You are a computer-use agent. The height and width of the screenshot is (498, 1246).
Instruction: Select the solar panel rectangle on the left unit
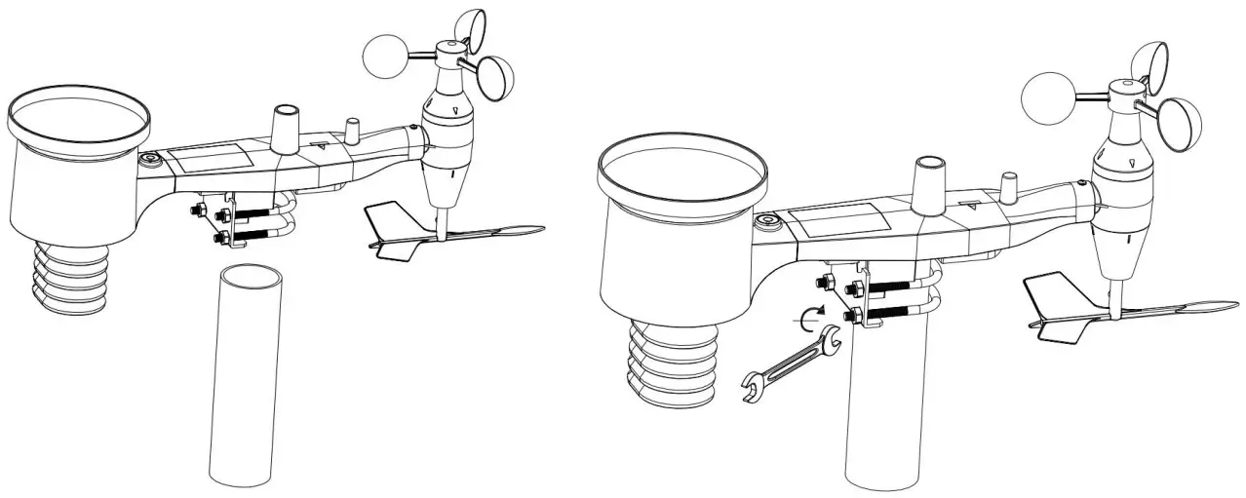coord(213,158)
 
